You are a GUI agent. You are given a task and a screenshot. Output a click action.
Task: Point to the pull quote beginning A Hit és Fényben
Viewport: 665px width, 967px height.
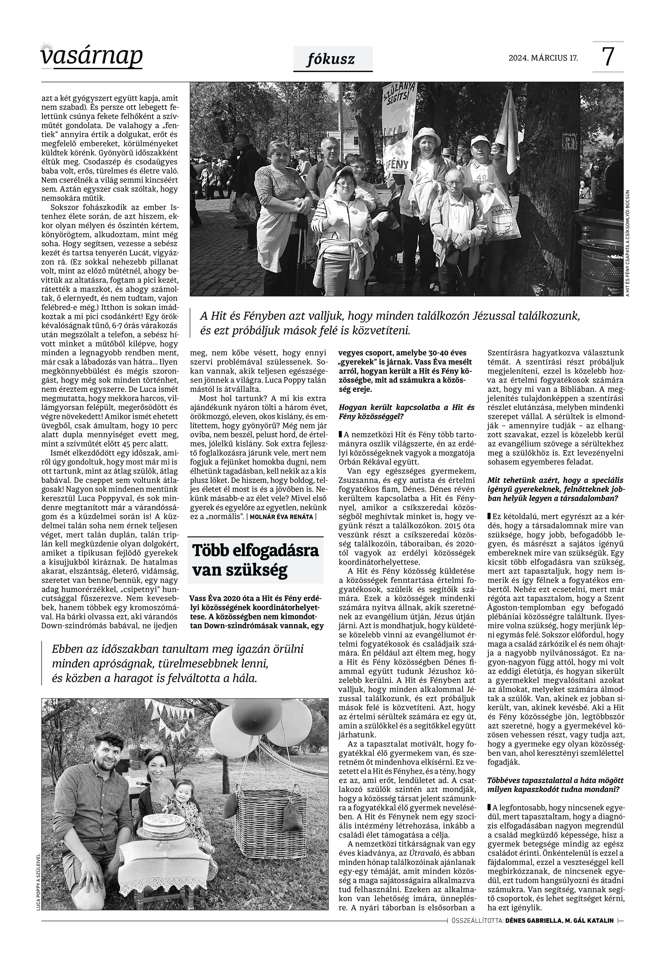click(x=389, y=323)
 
